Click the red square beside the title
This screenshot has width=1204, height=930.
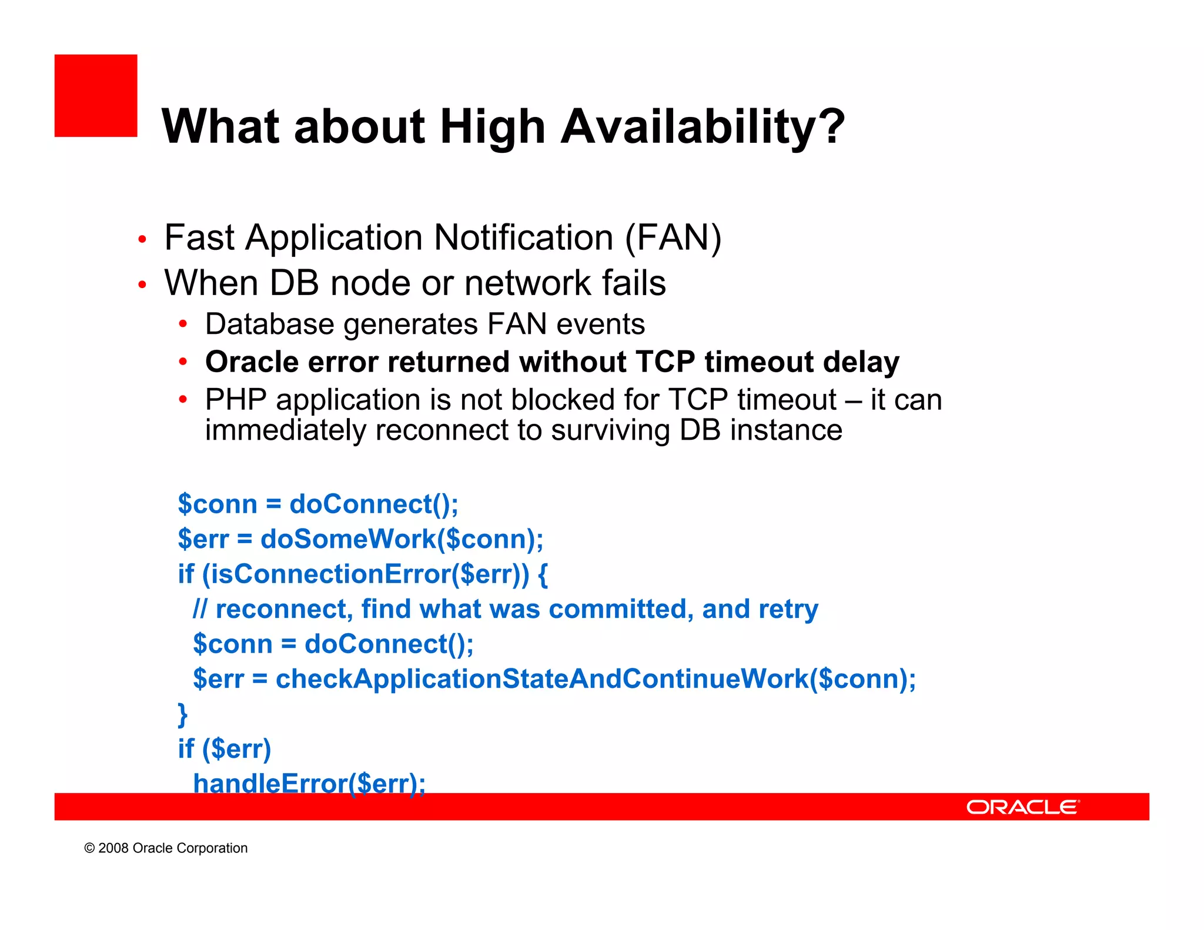click(x=96, y=96)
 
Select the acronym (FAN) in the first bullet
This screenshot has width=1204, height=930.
click(x=673, y=238)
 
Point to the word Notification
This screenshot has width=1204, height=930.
click(x=523, y=238)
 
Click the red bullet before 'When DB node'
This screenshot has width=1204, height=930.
click(x=142, y=285)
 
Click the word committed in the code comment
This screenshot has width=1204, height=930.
click(x=617, y=609)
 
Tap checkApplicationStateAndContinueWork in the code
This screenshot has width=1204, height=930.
click(x=541, y=679)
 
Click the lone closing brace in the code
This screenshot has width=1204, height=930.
click(x=183, y=714)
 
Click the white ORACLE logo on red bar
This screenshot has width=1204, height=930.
click(x=1022, y=807)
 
